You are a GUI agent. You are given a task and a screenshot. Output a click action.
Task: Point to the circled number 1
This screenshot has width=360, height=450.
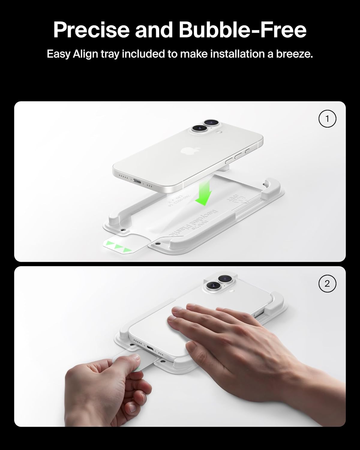tap(327, 119)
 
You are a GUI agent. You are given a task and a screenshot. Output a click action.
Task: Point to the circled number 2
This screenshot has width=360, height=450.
tap(327, 283)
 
